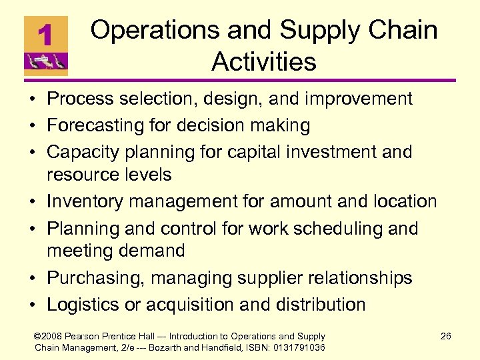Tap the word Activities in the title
pos(263,62)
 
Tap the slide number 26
pos(445,336)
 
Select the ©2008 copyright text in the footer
pos(51,337)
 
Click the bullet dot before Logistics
pos(31,305)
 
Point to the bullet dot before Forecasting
pos(31,126)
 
